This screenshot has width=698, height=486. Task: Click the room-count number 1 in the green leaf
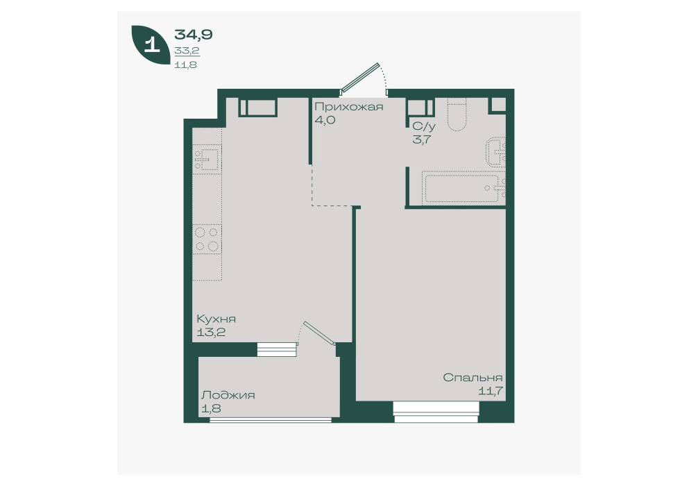coord(152,44)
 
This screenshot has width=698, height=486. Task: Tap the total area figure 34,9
coord(193,34)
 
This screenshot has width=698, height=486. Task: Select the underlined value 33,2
coord(187,51)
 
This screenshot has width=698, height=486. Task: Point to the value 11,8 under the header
coord(186,65)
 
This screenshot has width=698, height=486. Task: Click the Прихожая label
coord(348,107)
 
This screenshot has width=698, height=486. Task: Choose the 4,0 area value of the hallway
coord(325,120)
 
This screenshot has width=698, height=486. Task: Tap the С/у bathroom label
coord(424,126)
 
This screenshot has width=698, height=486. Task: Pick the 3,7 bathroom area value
coord(422,140)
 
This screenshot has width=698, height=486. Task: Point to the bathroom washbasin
coord(496,151)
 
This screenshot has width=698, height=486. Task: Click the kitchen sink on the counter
coord(207,158)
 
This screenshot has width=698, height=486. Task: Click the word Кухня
coord(216,319)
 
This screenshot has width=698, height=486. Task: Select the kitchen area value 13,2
coord(211,332)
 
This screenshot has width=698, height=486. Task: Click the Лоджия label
coord(228,395)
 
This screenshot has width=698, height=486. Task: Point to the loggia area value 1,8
coord(211,408)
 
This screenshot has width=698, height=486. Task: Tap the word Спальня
coord(473,378)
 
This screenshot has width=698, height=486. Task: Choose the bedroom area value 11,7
coord(491,391)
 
